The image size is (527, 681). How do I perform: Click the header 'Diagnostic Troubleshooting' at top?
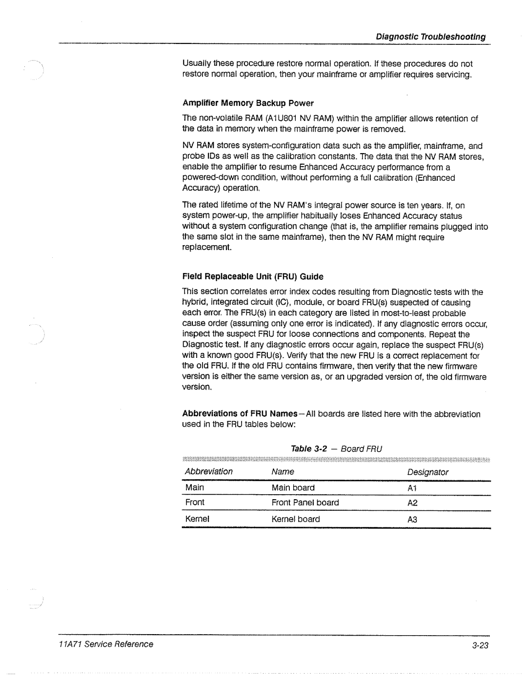[430, 37]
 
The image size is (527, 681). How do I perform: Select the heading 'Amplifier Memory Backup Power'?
[248, 103]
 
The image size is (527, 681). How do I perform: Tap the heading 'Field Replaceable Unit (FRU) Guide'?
[253, 276]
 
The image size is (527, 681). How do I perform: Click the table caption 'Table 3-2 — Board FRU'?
[336, 448]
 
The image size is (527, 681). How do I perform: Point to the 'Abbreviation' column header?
[209, 471]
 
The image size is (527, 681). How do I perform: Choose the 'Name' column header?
[283, 471]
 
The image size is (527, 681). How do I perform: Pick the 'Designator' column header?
[428, 472]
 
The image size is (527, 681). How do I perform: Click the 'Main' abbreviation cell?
[195, 487]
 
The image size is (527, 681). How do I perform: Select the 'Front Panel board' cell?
[305, 502]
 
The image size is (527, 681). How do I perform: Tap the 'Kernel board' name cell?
[296, 519]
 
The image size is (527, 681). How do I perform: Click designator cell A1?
[412, 488]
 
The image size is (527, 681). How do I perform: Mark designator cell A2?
[412, 503]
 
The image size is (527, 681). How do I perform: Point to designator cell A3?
[412, 520]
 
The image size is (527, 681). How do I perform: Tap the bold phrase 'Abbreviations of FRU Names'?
[240, 414]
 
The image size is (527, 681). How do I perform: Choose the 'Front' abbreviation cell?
[195, 502]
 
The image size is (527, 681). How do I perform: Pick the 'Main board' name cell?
[293, 487]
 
